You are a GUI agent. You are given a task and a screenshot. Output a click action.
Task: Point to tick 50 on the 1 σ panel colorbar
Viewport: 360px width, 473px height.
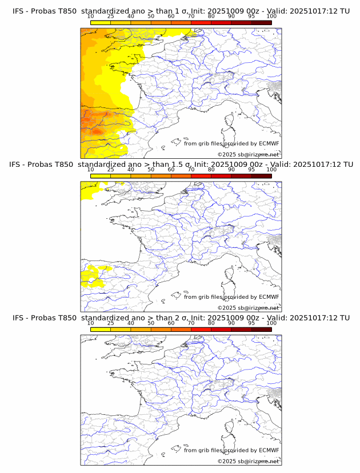151,17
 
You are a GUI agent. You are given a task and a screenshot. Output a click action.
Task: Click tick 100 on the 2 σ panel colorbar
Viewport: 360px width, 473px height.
271,323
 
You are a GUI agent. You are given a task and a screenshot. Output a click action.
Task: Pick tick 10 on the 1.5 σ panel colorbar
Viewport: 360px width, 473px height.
91,170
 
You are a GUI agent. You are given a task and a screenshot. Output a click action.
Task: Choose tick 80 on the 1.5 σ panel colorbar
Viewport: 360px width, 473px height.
211,170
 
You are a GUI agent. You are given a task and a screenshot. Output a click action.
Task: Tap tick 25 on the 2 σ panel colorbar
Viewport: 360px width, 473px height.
111,323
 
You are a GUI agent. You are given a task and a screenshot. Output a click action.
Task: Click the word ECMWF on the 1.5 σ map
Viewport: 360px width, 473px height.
269,297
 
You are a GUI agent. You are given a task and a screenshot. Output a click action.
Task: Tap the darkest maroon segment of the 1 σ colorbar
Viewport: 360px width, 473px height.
261,22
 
